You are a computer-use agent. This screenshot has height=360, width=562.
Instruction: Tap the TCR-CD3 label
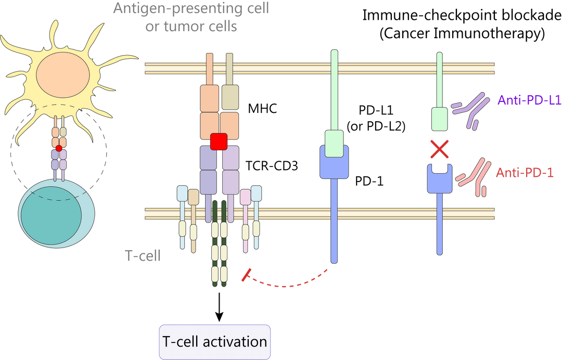(272, 166)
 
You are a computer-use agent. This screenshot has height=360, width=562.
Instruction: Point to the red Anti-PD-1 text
(525, 173)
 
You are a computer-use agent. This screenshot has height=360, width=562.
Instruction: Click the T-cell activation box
(215, 341)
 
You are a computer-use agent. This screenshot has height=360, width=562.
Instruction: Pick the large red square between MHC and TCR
(219, 141)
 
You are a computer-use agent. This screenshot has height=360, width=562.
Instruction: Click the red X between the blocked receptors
(439, 149)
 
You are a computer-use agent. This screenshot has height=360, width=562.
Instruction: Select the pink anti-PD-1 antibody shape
(473, 177)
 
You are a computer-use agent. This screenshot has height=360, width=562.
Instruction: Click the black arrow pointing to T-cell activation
(219, 307)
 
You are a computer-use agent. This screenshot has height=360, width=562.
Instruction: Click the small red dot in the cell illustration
(59, 148)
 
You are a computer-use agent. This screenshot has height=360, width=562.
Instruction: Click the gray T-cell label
(143, 256)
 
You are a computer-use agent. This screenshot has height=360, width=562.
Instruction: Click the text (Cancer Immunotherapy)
(462, 33)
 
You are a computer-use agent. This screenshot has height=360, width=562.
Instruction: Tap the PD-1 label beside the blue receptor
(369, 181)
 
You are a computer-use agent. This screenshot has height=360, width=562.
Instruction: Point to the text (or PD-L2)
(376, 126)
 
